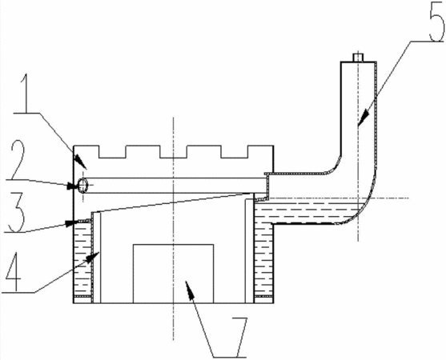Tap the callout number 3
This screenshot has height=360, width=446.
pos(17,213)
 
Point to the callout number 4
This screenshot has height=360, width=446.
pos(13,272)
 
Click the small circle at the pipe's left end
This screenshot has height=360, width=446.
pos(82,186)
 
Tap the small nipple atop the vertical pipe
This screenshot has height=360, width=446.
pos(358,57)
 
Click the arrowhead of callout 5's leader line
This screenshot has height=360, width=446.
pos(362,118)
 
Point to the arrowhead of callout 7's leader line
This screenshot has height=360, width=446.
pos(190,288)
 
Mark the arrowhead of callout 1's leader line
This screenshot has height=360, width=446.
pos(81,162)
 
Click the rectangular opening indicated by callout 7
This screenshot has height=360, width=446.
pos(173,274)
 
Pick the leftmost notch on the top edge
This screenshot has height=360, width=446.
pos(112,152)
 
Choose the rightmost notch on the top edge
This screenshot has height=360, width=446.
pos(235,152)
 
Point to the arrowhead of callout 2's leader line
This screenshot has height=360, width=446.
pos(72,186)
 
